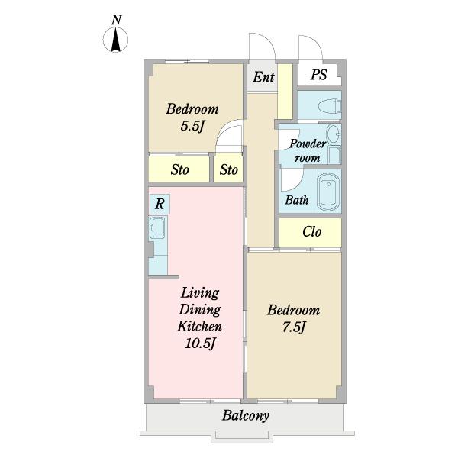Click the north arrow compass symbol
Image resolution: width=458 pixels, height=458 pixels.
pyautogui.click(x=116, y=40)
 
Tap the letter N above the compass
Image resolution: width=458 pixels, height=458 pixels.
pyautogui.click(x=116, y=20)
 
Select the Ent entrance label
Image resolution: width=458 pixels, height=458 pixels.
pyautogui.click(x=263, y=77)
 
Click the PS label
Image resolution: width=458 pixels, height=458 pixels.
pyautogui.click(x=318, y=75)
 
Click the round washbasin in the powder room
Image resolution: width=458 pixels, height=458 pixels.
pyautogui.click(x=334, y=134)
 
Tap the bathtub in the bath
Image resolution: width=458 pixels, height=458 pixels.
pyautogui.click(x=328, y=192)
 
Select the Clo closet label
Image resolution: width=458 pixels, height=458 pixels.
pyautogui.click(x=312, y=232)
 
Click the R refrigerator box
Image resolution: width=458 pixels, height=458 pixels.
pyautogui.click(x=160, y=204)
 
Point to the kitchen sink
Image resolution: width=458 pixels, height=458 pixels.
pyautogui.click(x=158, y=227)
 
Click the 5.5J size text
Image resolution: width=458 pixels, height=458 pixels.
pyautogui.click(x=192, y=126)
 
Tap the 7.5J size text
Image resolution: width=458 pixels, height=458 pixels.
pyautogui.click(x=294, y=327)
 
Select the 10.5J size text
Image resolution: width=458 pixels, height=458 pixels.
pyautogui.click(x=200, y=343)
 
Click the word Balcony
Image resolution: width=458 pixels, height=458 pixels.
pyautogui.click(x=245, y=416)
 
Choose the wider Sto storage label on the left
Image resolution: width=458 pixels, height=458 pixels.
pyautogui.click(x=179, y=169)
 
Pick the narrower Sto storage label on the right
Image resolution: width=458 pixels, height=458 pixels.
pyautogui.click(x=229, y=169)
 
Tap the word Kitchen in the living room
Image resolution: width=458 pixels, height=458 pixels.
pyautogui.click(x=199, y=327)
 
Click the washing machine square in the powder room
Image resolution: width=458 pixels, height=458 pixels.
pyautogui.click(x=334, y=155)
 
